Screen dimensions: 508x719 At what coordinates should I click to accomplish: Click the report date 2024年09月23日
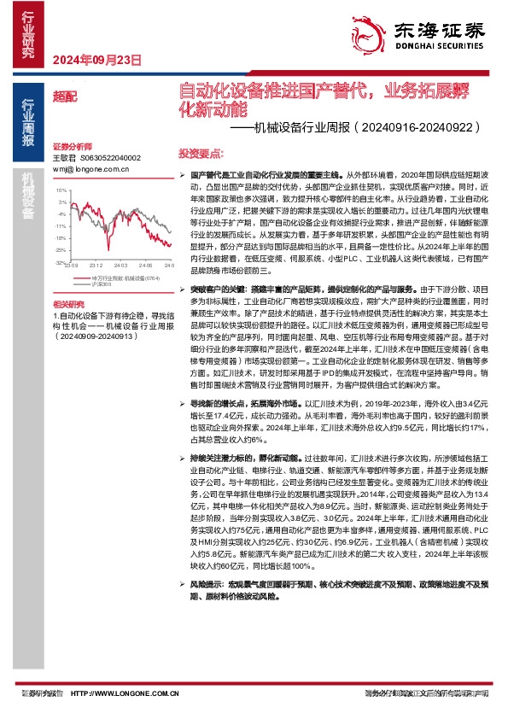[x=96, y=60]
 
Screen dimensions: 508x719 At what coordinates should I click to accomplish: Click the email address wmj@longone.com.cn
[x=91, y=169]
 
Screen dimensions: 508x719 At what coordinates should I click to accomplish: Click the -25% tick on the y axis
[x=61, y=249]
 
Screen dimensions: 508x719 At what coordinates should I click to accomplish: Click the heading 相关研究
[x=68, y=304]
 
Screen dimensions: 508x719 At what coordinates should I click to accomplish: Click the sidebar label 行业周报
[x=28, y=120]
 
